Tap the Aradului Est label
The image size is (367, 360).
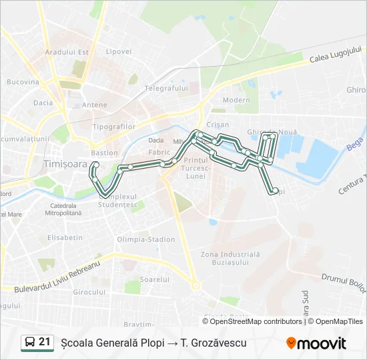click(66, 52)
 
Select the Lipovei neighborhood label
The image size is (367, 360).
click(118, 51)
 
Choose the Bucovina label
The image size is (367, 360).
click(23, 82)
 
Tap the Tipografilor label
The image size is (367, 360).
click(114, 127)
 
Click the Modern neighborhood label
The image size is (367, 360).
click(236, 100)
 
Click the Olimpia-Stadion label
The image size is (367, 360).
click(146, 239)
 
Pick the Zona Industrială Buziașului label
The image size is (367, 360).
click(230, 259)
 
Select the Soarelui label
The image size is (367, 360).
click(155, 279)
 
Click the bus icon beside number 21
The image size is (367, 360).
click(30, 343)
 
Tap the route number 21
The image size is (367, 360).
click(45, 342)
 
